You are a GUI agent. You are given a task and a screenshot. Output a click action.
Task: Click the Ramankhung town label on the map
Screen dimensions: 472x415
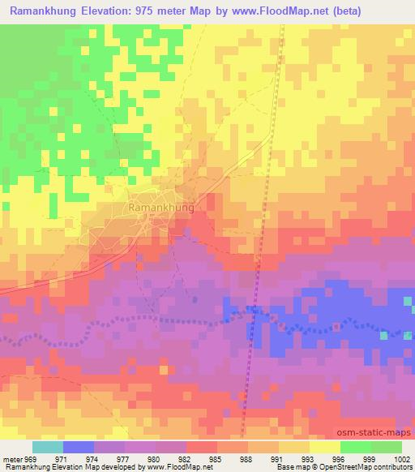161,208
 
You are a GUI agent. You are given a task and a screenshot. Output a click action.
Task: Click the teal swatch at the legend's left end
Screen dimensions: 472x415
48,447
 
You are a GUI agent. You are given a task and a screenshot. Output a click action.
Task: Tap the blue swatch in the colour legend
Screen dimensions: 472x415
79,447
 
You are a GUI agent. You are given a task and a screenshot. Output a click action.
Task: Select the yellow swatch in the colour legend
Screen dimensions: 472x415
325,447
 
